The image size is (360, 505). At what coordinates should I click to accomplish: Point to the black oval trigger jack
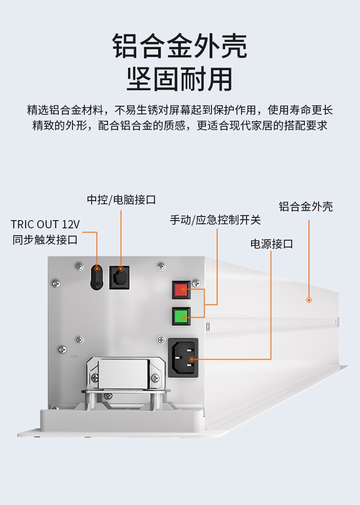(97, 277)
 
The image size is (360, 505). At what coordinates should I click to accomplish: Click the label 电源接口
(271, 244)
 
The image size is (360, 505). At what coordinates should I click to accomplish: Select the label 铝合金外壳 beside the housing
(306, 207)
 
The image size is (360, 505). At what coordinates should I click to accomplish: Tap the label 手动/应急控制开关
(215, 220)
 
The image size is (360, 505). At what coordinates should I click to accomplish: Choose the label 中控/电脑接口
(121, 200)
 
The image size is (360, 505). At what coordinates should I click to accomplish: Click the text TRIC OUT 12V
(45, 225)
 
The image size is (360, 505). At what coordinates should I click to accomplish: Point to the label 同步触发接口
(45, 240)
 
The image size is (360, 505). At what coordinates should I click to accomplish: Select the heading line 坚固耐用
(180, 79)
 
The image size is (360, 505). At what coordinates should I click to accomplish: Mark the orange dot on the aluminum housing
(309, 300)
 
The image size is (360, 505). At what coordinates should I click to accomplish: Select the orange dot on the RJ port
(120, 269)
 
